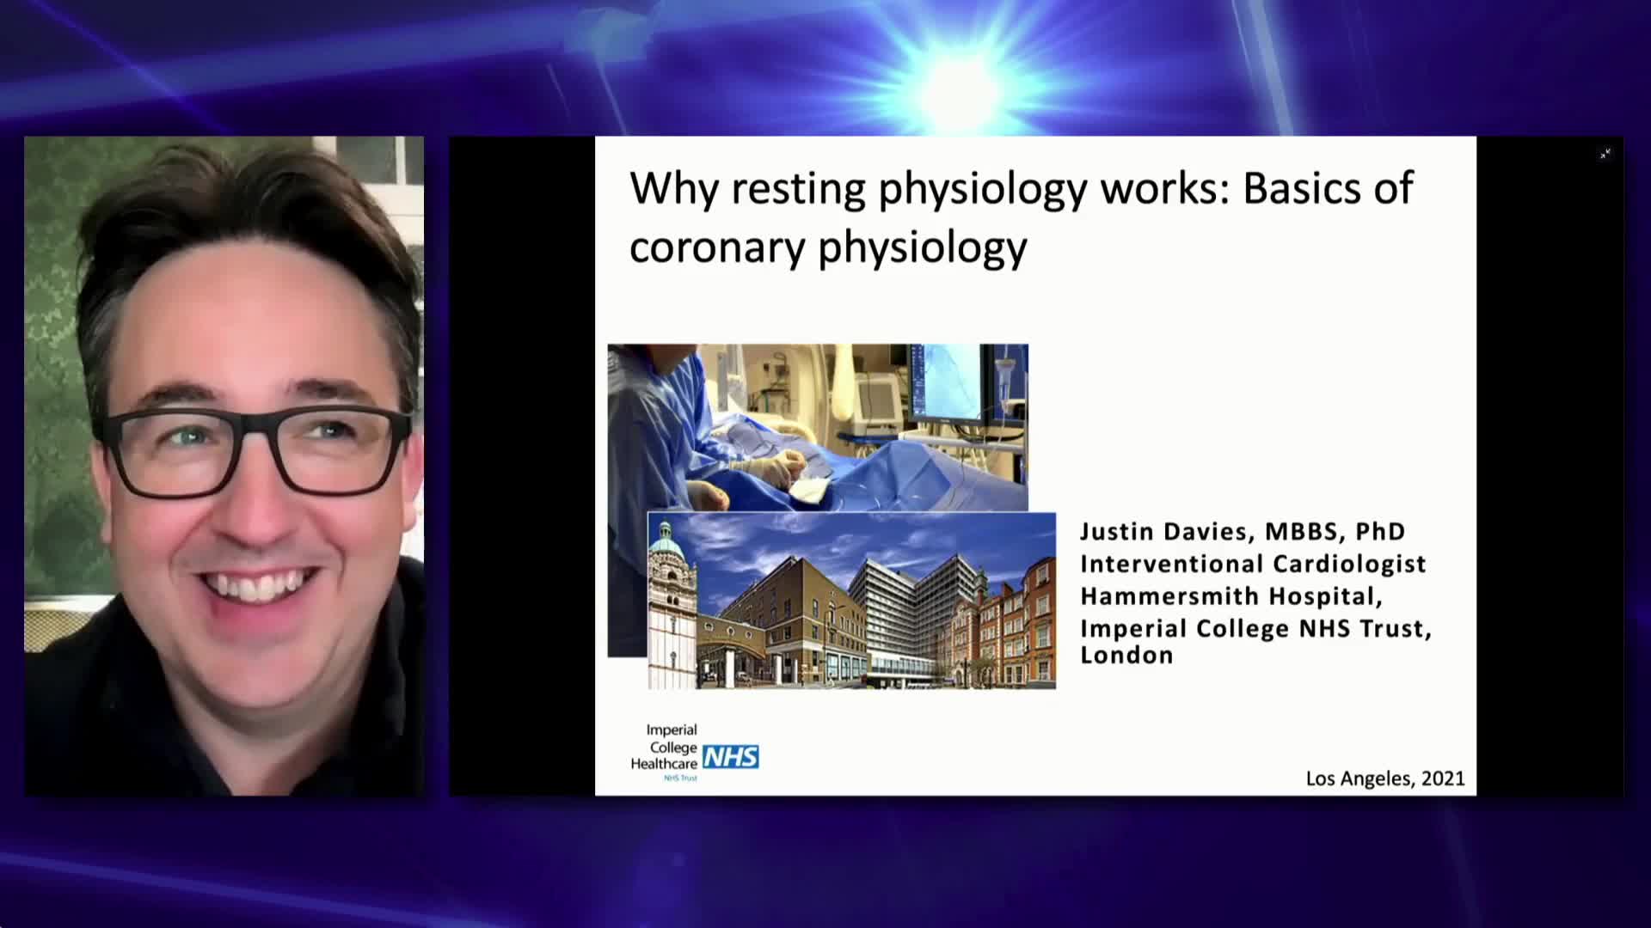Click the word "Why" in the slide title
pos(674,190)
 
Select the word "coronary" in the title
pos(717,248)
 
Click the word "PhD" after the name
pos(1380,531)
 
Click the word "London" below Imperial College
pos(1126,655)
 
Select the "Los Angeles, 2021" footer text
pos(1385,778)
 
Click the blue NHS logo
pos(731,757)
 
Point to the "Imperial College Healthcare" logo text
pos(665,747)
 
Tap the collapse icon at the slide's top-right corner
pos(1605,154)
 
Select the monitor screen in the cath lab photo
pos(945,382)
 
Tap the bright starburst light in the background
pos(962,89)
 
